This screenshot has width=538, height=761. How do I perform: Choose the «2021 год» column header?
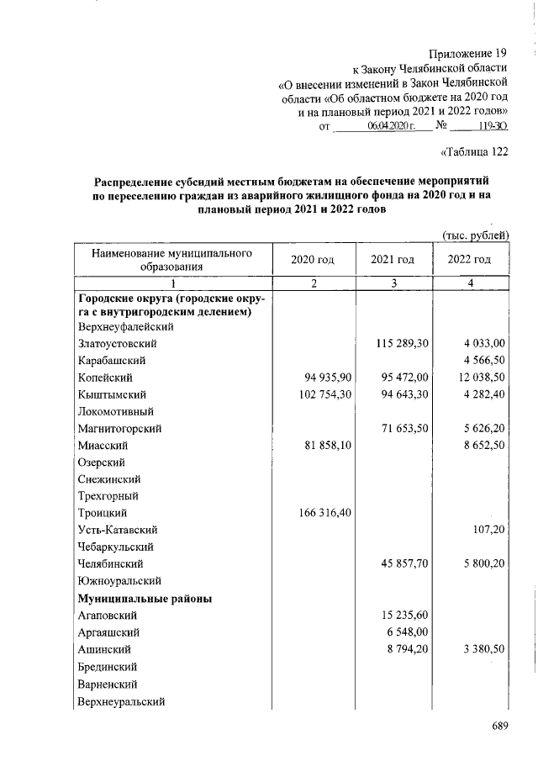pos(393,260)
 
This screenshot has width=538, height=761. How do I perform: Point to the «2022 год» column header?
pos(471,260)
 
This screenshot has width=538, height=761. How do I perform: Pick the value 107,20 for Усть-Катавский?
pos(488,530)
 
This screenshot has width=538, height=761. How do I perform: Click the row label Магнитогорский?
pos(119,428)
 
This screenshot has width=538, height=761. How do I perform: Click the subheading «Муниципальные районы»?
pos(144,599)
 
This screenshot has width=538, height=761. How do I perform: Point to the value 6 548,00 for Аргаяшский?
pos(408,632)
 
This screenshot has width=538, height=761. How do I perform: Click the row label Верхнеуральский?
pos(121,700)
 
